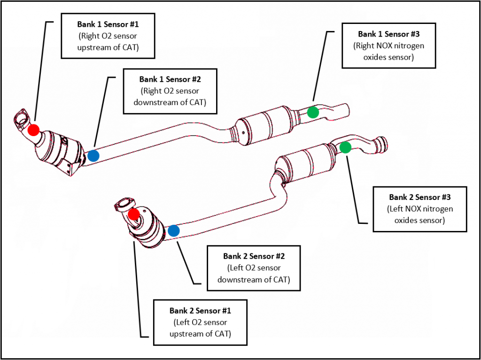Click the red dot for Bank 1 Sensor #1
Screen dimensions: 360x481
click(x=33, y=130)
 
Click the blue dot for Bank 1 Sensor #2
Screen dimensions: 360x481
click(x=93, y=156)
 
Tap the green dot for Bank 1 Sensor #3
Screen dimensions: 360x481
click(x=312, y=112)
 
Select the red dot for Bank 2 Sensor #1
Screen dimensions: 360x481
click(x=134, y=214)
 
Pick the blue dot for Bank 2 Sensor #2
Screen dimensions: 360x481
click(x=173, y=230)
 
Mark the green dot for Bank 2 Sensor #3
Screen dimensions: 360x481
click(x=345, y=147)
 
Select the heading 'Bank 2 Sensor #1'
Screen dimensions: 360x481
click(x=200, y=311)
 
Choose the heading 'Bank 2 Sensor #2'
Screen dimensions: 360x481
click(x=254, y=256)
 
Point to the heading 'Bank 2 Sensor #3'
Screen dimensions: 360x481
click(x=419, y=197)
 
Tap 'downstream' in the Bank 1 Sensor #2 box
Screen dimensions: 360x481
click(x=154, y=102)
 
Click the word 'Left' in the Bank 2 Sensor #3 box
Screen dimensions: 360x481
click(x=396, y=209)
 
